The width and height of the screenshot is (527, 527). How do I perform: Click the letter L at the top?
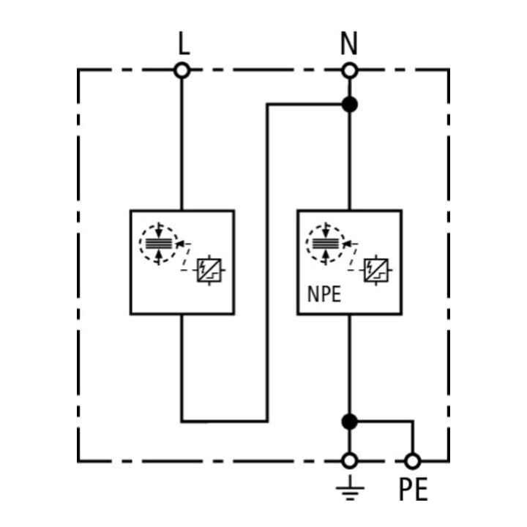click(184, 44)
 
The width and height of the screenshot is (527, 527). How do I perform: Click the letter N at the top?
click(349, 43)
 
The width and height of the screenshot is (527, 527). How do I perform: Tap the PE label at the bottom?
click(413, 490)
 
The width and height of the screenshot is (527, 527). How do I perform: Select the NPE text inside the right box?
click(324, 294)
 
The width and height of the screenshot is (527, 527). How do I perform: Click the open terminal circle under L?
click(182, 70)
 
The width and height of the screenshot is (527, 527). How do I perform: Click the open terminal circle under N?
click(350, 70)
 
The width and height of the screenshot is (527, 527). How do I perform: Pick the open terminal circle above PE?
click(413, 461)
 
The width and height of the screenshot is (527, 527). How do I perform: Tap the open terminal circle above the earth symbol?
click(350, 461)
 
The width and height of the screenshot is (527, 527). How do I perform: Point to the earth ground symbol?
click(350, 487)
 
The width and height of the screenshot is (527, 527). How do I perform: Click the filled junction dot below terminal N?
click(350, 104)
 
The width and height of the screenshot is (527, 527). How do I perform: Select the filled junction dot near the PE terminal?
click(350, 422)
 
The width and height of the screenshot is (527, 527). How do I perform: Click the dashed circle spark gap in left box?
click(158, 243)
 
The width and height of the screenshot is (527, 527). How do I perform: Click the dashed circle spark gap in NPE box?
click(325, 243)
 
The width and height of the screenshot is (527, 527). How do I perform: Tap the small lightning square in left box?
click(209, 270)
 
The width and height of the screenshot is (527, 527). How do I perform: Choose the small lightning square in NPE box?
click(376, 270)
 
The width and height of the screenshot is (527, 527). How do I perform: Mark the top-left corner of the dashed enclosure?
click(78, 70)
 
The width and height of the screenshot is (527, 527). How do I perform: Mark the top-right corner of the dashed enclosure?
click(449, 70)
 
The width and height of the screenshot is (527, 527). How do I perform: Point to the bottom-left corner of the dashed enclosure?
click(78, 461)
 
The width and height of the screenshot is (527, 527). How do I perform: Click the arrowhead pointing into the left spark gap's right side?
click(180, 244)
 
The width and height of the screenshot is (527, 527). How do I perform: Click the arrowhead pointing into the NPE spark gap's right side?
click(346, 244)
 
